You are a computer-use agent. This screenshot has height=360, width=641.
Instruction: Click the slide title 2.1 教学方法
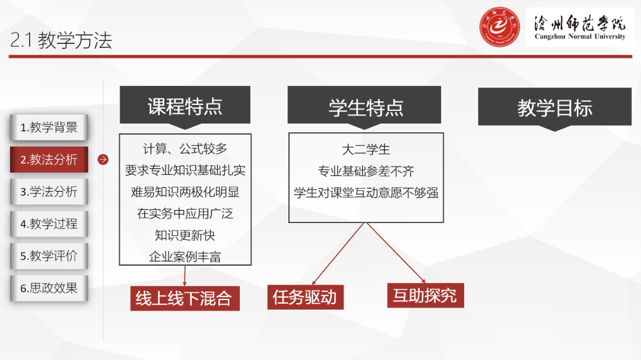(61, 40)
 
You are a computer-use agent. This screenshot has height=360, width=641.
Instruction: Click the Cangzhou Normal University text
(580, 37)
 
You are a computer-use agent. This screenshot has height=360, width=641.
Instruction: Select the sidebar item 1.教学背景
(49, 128)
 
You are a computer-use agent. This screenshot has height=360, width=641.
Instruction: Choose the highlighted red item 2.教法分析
(49, 160)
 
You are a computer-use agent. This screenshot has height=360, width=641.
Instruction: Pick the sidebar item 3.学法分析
(49, 192)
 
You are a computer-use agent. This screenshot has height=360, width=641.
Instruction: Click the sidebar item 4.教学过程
(49, 224)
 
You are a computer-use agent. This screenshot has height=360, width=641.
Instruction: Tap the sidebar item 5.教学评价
(49, 256)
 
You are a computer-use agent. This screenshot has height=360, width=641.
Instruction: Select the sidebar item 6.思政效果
(49, 288)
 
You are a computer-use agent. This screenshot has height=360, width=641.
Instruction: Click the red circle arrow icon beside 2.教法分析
(103, 160)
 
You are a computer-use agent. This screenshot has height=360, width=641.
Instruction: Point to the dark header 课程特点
(185, 107)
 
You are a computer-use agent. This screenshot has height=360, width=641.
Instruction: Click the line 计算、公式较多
(185, 149)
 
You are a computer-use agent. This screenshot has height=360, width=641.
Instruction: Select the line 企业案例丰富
(185, 257)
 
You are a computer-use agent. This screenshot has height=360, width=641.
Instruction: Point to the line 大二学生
(366, 149)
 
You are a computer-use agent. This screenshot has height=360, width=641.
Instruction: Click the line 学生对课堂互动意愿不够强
(366, 193)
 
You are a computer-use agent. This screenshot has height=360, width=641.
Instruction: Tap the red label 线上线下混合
(183, 298)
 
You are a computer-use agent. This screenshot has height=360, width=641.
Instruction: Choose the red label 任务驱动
(305, 297)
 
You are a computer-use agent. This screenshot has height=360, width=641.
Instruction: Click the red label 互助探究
(425, 295)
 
